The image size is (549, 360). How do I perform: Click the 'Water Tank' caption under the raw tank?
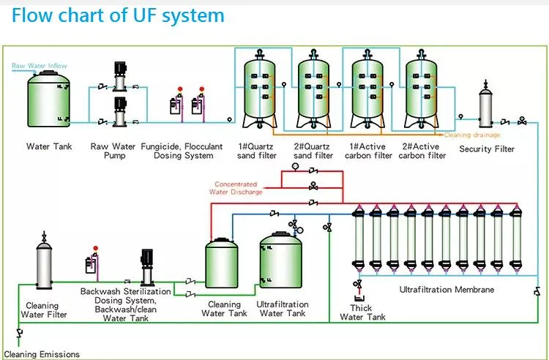point(48,146)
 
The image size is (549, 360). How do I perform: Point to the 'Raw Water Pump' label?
point(114,151)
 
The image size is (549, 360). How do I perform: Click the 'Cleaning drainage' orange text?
point(473,135)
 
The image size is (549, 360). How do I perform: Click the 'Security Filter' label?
point(486,149)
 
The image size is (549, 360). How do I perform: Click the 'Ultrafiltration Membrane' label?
point(447,290)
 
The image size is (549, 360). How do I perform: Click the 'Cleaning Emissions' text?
point(42,354)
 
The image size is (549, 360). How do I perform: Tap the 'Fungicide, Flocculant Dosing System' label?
point(182,151)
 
